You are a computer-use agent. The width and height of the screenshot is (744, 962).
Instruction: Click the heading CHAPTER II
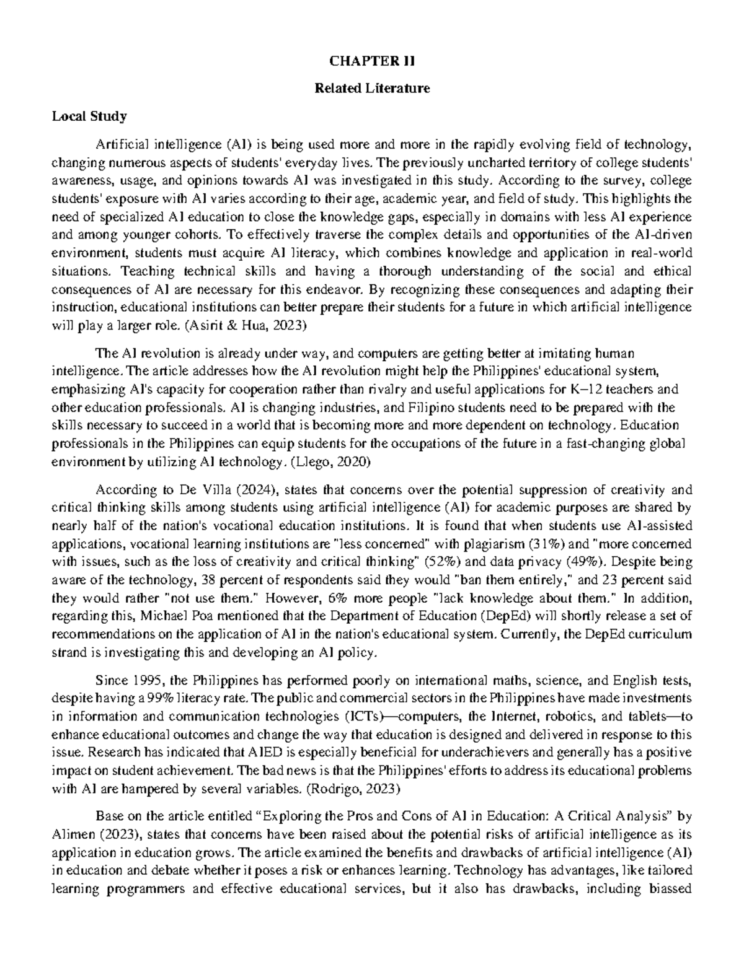372,61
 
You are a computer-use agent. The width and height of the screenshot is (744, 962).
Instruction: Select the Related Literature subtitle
372,89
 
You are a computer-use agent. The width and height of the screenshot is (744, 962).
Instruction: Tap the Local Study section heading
89,116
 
